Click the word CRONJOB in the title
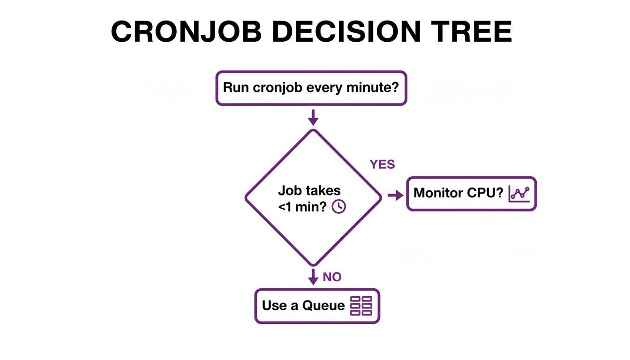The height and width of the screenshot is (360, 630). (x=187, y=32)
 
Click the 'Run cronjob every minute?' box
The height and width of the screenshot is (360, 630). (x=311, y=88)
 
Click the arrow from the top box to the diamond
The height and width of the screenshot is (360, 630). (x=313, y=117)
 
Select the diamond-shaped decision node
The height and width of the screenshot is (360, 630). (x=313, y=197)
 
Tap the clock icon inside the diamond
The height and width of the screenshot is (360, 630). (x=338, y=207)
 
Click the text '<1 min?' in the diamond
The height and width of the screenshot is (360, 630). (x=302, y=207)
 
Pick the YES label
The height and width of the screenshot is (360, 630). (x=382, y=165)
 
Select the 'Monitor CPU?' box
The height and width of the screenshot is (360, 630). (x=471, y=194)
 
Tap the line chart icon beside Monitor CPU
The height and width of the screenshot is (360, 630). (x=519, y=194)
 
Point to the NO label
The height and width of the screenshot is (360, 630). (x=332, y=277)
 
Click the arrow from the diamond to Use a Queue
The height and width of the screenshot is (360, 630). (x=313, y=276)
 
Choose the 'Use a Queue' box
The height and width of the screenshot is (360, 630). (x=317, y=306)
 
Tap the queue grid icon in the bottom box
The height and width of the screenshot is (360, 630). (x=361, y=306)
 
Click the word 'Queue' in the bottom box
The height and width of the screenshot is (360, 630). (x=323, y=306)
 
